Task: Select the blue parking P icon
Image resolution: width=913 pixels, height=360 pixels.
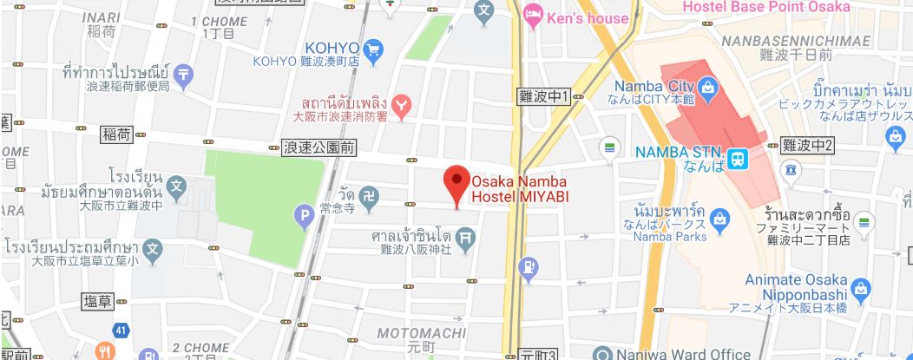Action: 305,215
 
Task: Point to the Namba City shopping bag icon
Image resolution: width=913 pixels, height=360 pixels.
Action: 708,87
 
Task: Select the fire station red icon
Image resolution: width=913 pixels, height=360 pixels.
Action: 400,106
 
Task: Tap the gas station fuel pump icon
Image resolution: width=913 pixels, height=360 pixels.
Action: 528,269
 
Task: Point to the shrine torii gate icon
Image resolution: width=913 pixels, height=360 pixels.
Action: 466,235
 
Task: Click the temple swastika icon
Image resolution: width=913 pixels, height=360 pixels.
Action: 369,194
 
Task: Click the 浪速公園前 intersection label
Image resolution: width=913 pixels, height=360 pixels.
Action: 319,148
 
